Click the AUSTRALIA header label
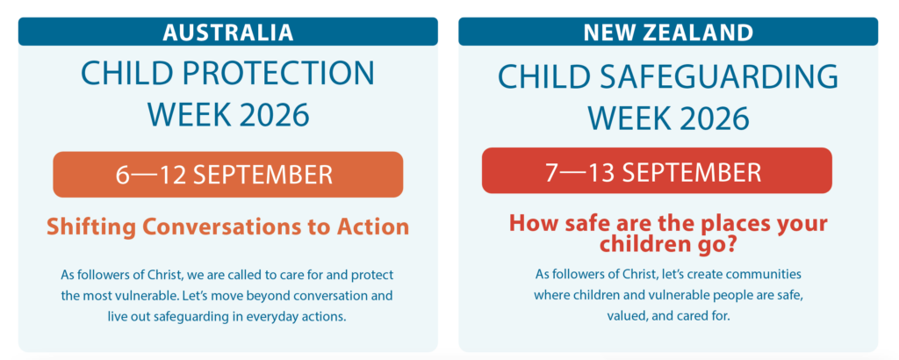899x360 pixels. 227,32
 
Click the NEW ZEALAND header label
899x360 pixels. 668,32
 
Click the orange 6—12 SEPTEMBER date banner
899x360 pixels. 227,174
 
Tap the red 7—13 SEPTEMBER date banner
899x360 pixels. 657,170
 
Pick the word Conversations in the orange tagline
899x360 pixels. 219,227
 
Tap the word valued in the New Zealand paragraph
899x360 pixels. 625,316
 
